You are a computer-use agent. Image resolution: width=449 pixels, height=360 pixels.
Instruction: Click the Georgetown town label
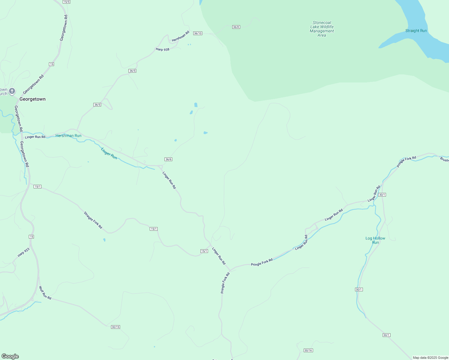(32, 99)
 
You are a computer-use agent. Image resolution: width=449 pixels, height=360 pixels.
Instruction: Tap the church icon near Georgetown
(12, 91)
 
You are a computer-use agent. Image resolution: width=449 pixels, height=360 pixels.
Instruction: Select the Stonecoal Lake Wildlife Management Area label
(322, 29)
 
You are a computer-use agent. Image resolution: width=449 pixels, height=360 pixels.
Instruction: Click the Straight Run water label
(416, 31)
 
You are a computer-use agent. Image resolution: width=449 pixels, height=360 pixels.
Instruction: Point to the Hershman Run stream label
(68, 136)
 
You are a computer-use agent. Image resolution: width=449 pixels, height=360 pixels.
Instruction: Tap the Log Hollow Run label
(375, 240)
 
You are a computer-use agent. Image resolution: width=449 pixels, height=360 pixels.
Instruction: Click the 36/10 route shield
(198, 33)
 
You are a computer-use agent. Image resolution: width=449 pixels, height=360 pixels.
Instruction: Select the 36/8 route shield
(236, 27)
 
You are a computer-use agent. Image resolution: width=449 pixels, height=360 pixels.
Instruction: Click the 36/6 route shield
(168, 159)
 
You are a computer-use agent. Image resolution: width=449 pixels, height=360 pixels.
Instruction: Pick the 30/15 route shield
(116, 327)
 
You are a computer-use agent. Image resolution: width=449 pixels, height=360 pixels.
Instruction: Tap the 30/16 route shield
(308, 350)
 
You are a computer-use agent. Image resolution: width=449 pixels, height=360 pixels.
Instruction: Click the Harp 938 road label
(163, 49)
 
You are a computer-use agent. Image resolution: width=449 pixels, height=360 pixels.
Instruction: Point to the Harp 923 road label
(23, 252)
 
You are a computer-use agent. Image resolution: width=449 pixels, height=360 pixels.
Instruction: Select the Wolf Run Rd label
(45, 293)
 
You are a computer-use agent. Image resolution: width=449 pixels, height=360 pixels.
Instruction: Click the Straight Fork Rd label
(93, 220)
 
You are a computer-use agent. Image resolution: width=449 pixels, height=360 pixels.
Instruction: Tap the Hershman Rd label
(181, 36)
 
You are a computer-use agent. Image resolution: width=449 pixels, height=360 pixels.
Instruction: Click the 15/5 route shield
(67, 2)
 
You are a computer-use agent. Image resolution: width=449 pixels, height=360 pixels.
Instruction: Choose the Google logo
(10, 356)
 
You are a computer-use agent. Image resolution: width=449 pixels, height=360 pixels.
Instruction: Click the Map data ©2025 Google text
(430, 358)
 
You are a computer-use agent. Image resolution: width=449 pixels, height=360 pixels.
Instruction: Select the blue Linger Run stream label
(109, 153)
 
